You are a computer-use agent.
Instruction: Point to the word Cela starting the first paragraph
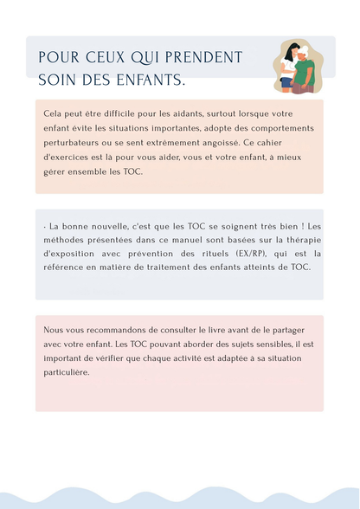53,113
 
